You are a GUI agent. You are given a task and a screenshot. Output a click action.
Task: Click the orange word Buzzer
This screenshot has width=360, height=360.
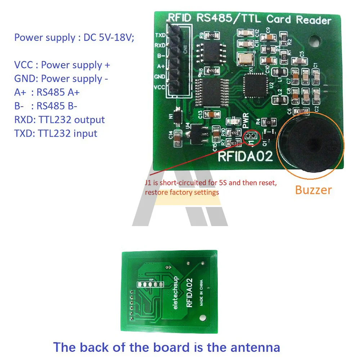(x=313, y=190)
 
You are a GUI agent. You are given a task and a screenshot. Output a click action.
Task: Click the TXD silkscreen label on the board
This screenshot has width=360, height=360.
(x=160, y=35)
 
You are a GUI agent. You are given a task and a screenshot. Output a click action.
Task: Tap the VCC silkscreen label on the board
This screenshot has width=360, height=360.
(x=160, y=87)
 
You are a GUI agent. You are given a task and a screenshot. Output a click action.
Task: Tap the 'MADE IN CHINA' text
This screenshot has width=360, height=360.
(x=201, y=292)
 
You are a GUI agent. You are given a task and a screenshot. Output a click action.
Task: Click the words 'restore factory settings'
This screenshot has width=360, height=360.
(x=182, y=192)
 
